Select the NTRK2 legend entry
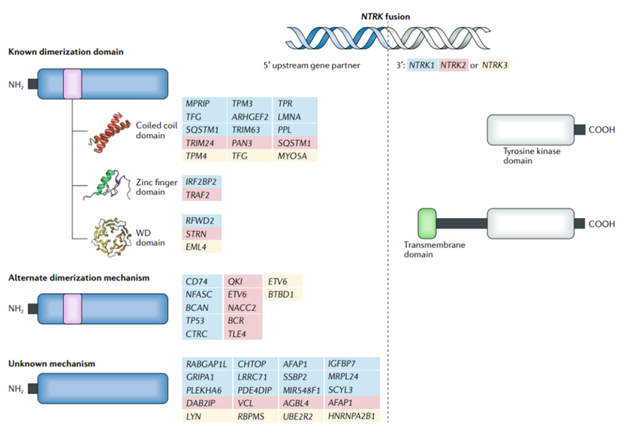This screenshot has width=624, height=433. click(x=454, y=65)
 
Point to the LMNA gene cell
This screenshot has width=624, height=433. click(x=290, y=116)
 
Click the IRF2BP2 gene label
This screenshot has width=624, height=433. click(x=202, y=182)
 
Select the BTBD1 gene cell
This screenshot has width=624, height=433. click(x=282, y=294)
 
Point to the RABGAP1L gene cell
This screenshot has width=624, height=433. click(x=206, y=364)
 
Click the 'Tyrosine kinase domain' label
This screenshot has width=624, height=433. click(x=532, y=155)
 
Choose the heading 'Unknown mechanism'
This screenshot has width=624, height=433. click(x=52, y=364)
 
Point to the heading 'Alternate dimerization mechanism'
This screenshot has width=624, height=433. click(x=79, y=277)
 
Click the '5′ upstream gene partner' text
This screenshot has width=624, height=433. click(x=308, y=65)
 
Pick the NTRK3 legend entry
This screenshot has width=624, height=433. click(x=495, y=65)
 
